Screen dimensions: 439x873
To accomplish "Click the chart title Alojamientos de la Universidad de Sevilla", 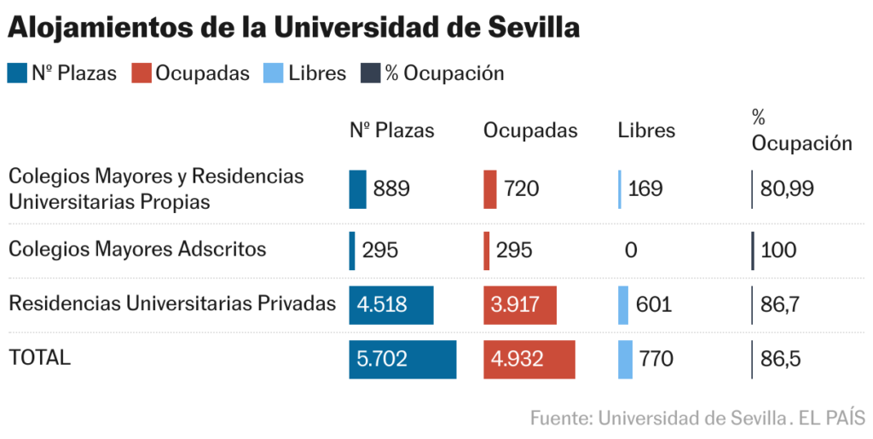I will click(x=294, y=27).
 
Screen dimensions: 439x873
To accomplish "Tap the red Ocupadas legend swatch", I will click(x=141, y=73).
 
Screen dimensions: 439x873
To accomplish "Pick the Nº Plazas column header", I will click(x=392, y=130).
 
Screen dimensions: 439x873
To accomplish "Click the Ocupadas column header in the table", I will click(x=530, y=130).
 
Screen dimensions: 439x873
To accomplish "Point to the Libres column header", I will click(x=646, y=130).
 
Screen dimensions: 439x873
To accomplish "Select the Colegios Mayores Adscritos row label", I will click(x=137, y=250).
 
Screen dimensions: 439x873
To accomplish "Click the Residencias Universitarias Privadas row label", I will click(x=172, y=303).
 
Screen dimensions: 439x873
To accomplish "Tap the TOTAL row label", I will click(x=39, y=358).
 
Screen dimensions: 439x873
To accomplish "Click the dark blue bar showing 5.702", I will click(x=402, y=359).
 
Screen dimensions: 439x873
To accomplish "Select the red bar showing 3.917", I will click(x=520, y=305).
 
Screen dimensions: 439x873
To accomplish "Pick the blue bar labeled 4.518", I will click(x=391, y=305).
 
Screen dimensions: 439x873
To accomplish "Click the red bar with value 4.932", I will click(x=529, y=359).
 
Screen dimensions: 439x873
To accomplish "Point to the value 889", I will click(x=391, y=189).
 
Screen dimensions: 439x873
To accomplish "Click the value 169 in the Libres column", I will click(x=645, y=189).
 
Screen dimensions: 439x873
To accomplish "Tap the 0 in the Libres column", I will click(x=631, y=251).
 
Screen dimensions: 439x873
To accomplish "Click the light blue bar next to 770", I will click(x=625, y=359).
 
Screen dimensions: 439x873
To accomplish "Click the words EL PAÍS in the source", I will click(x=831, y=419).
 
